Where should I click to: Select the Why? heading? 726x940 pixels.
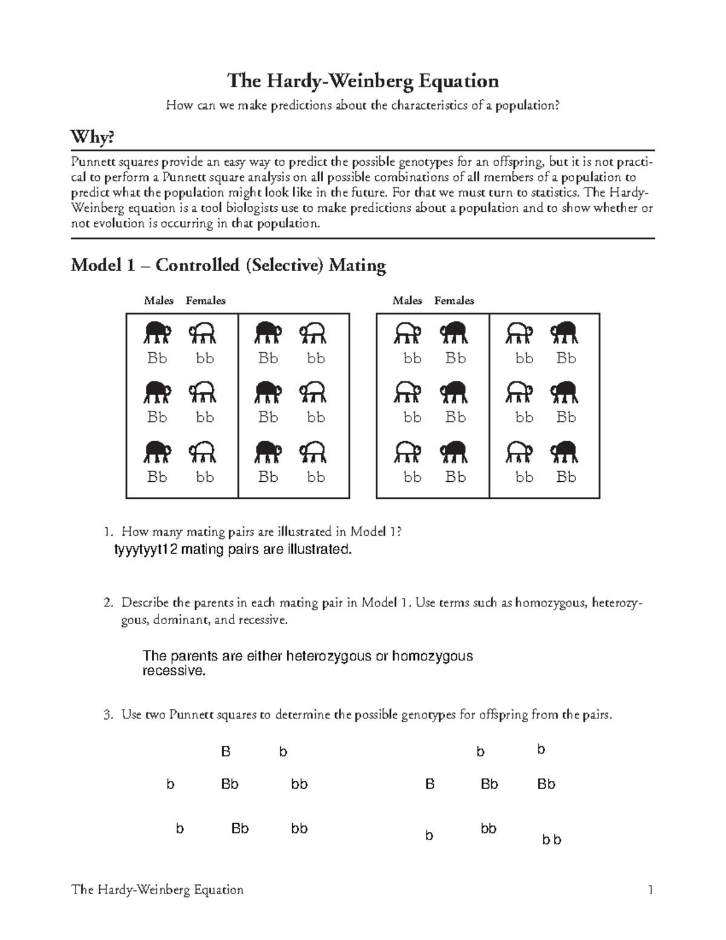coord(92,137)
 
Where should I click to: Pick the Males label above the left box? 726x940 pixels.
coord(159,301)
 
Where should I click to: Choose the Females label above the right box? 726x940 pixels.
coord(454,301)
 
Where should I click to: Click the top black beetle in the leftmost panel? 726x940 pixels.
coord(157,332)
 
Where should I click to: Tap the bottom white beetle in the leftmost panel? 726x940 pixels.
coord(204,452)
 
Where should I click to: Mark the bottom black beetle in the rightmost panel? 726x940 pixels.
coord(564,452)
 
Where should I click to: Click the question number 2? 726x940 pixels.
coord(108,603)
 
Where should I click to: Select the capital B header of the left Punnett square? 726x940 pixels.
coord(226,752)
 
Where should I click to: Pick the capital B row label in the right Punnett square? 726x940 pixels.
coord(430,784)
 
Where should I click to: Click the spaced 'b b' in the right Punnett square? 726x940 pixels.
coord(551,840)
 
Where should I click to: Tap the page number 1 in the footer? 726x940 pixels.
coord(650,890)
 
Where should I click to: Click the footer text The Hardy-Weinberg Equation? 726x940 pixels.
coord(157,890)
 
